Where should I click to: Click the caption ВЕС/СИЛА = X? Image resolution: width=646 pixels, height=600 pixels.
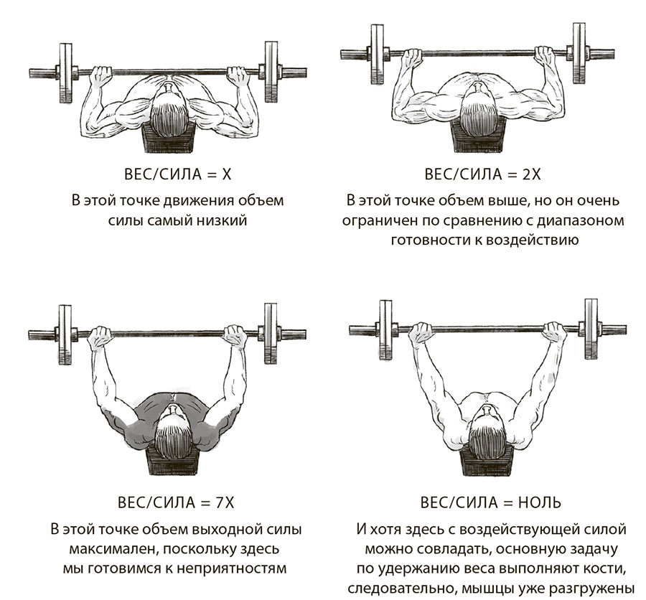177,174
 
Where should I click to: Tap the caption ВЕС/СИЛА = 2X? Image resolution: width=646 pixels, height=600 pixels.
482,174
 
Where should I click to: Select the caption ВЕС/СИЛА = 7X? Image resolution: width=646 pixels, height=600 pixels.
176,502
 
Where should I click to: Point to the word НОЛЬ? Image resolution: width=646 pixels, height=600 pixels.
539,502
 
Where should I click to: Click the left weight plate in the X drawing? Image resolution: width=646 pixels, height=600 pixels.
66,72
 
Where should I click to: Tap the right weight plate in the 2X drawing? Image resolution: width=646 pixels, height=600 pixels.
579,53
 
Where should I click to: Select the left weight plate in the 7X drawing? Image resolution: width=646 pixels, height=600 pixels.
65,334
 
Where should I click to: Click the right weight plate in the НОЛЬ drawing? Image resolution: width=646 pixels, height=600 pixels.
591,329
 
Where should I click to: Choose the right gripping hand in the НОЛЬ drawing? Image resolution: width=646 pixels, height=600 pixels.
554,332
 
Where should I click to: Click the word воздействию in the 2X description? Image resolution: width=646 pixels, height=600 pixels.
532,240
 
